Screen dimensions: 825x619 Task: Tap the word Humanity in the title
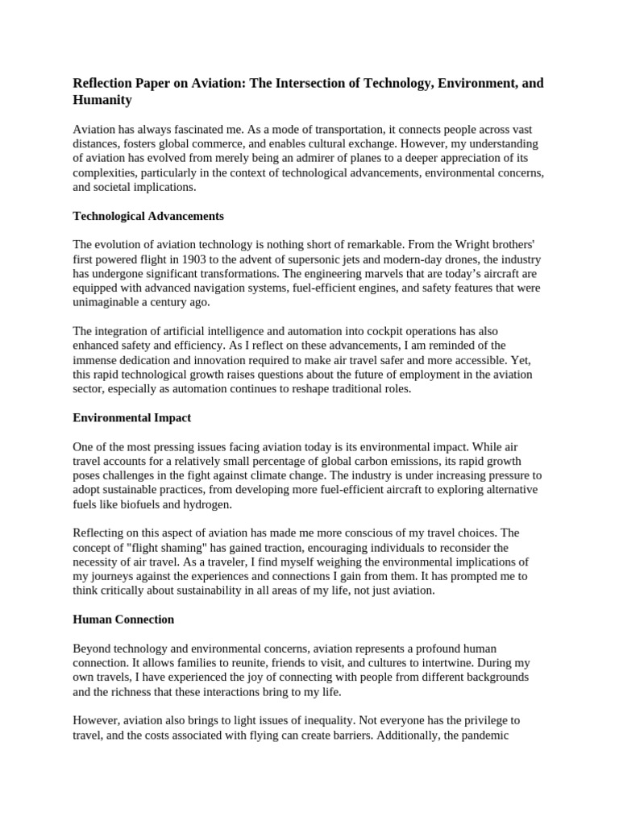tap(102, 101)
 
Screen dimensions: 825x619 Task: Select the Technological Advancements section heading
tap(148, 216)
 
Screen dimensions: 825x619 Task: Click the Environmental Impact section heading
tap(131, 418)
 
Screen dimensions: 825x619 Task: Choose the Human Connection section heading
tap(123, 620)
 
